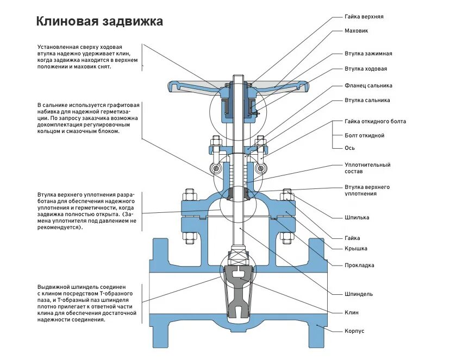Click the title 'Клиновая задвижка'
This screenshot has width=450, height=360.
click(99, 22)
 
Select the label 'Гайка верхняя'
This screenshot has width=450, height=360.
click(364, 17)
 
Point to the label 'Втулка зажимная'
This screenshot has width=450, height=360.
click(368, 54)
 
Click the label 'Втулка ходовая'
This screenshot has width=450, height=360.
click(365, 69)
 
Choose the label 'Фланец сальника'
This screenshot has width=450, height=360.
click(368, 86)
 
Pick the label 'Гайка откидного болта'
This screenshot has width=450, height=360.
click(375, 121)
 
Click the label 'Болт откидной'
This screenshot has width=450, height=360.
click(364, 135)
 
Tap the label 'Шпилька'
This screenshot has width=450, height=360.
click(357, 218)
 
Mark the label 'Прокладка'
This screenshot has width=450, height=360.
click(359, 266)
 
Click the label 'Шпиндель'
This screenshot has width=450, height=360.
click(358, 294)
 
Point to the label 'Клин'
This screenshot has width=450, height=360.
click(351, 313)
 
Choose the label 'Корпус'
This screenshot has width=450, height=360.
click(354, 331)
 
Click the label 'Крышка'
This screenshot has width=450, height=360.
click(355, 249)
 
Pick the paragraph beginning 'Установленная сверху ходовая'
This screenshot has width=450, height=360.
click(87, 56)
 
